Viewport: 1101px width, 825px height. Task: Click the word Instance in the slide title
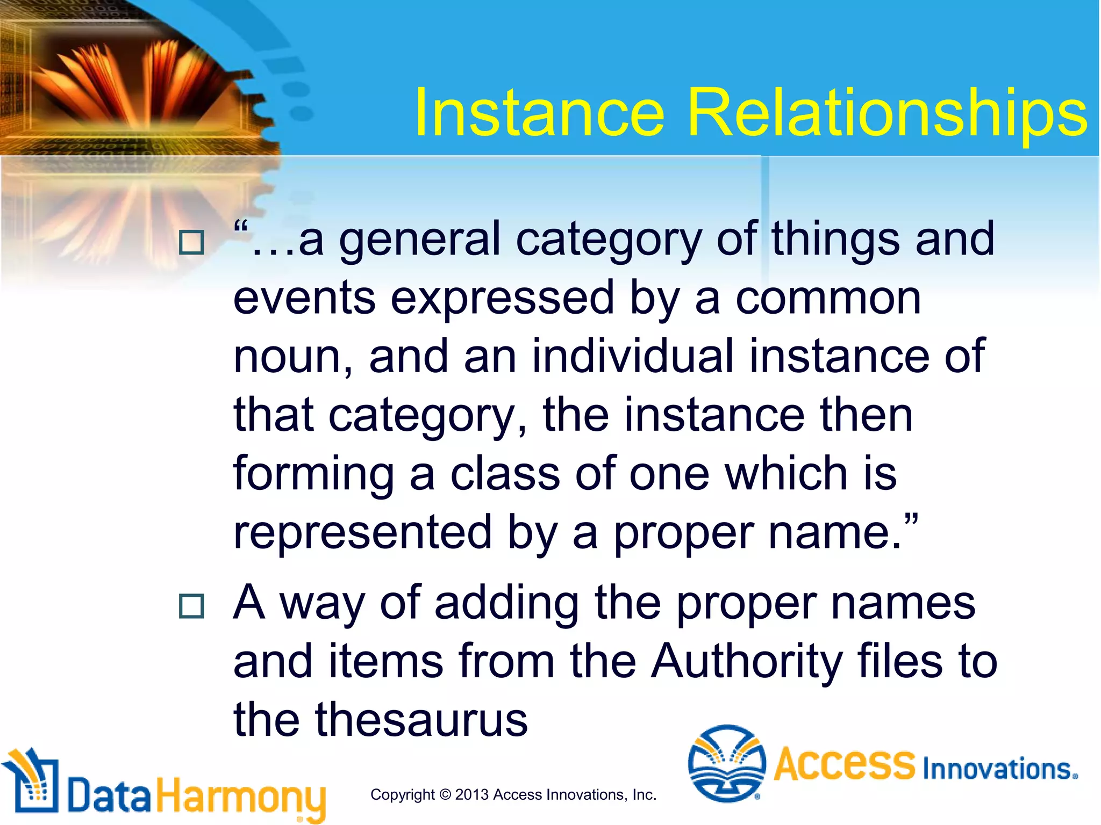[539, 114]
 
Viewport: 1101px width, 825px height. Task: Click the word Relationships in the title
[886, 114]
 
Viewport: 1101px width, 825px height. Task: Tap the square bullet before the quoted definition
[191, 242]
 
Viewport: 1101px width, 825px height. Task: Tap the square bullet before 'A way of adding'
[191, 606]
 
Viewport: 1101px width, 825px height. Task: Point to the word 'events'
[304, 299]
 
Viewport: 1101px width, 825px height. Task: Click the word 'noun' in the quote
[291, 357]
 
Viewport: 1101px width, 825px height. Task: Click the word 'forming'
[313, 475]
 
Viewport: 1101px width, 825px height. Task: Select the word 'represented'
[362, 533]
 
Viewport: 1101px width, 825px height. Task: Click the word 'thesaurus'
[421, 720]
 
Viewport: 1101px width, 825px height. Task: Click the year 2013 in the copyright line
[471, 795]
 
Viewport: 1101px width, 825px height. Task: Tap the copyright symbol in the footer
[445, 795]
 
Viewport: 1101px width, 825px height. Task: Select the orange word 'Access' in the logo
[844, 764]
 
